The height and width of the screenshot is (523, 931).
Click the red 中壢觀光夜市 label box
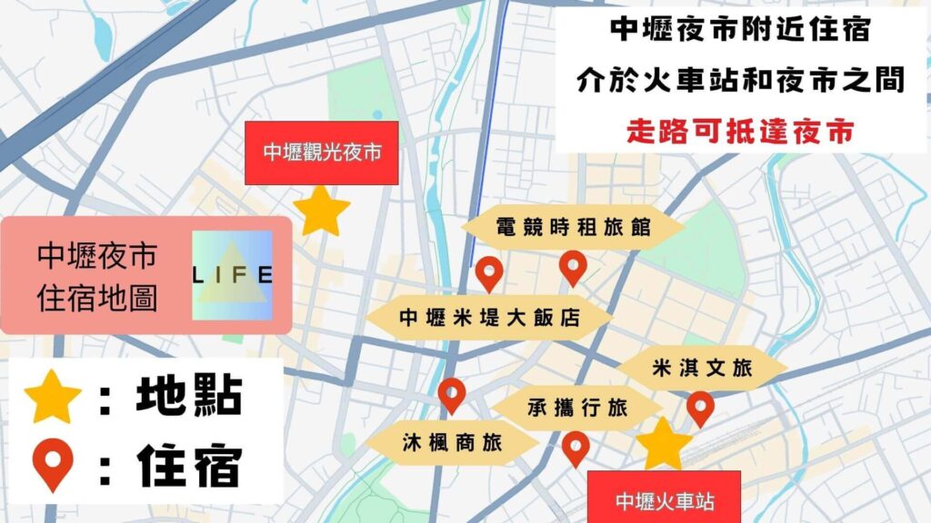[322, 153]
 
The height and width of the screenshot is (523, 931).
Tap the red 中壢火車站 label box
[664, 500]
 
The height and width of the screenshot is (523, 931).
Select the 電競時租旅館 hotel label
[573, 227]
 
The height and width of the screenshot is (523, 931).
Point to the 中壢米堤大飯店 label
[491, 319]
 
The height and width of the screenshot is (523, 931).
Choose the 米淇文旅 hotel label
[702, 369]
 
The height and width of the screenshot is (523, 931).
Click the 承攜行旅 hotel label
[578, 408]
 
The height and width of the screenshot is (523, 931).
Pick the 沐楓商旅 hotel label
[453, 444]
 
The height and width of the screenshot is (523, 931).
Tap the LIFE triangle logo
[233, 275]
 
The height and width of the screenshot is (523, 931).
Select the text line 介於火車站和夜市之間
[740, 81]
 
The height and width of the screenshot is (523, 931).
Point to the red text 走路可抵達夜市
[740, 132]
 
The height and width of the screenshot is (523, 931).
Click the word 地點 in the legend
[189, 397]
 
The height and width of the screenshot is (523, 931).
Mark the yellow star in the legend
[53, 400]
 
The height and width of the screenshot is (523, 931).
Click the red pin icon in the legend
[54, 464]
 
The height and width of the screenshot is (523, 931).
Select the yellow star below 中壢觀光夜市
[322, 212]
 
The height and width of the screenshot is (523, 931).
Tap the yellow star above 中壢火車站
[664, 444]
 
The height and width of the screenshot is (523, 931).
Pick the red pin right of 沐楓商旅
[575, 447]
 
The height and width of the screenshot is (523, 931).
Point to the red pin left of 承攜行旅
[452, 394]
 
